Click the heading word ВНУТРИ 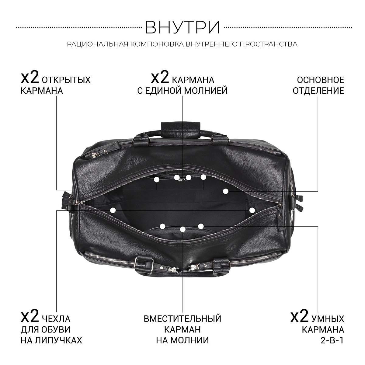(x=182, y=27)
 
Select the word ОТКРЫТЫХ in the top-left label (x=66, y=80)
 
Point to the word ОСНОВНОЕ (x=321, y=80)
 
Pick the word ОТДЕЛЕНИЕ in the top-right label (x=318, y=91)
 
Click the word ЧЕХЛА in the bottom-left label (x=56, y=319)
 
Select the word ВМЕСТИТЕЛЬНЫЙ (x=182, y=319)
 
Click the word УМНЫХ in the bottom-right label (x=328, y=319)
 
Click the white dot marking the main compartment (x=225, y=191)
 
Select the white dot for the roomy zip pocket (x=182, y=229)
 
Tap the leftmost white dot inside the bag (x=113, y=210)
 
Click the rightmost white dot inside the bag (x=252, y=210)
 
